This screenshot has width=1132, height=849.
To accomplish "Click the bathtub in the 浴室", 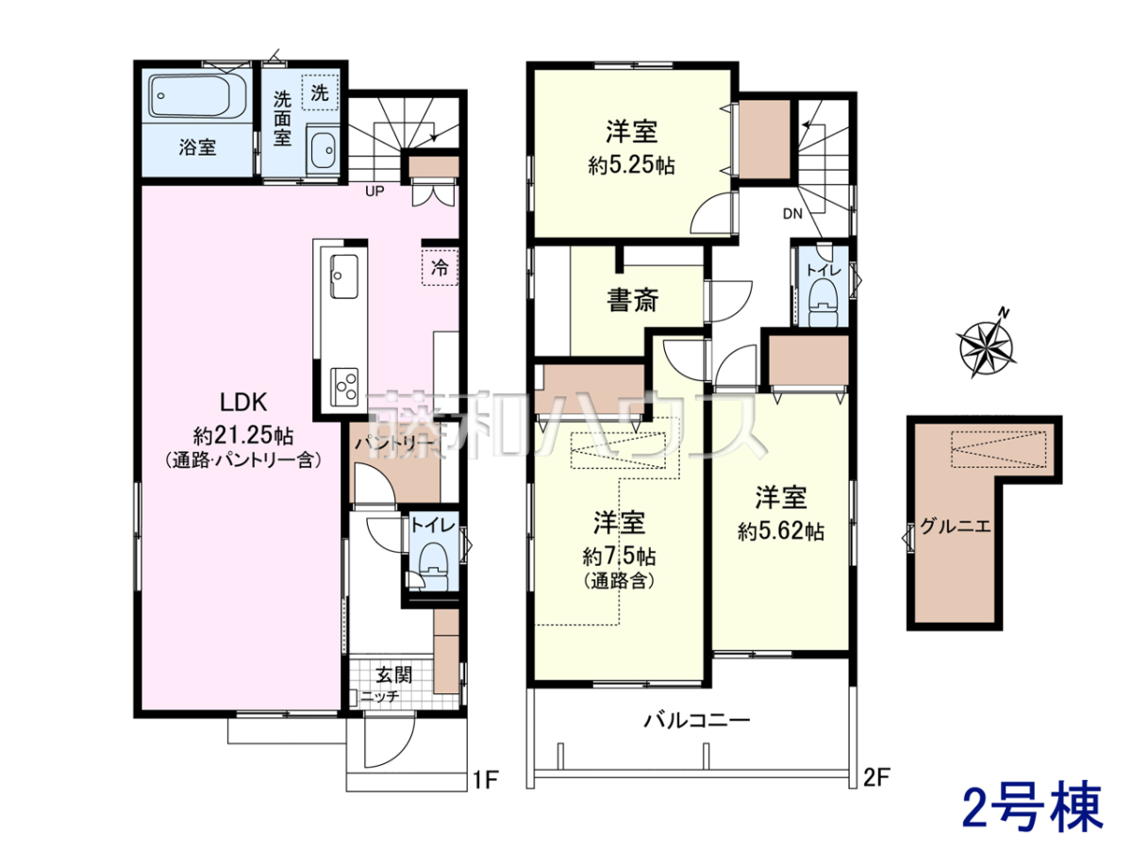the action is [197, 96].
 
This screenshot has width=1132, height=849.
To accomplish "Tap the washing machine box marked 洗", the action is [320, 92].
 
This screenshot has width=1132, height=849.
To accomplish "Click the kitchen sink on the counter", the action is [344, 275].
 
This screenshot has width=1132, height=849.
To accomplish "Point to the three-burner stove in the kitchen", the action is [344, 385].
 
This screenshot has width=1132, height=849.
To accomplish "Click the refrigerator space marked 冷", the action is [440, 267].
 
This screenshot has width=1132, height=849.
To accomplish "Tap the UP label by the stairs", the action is [375, 191].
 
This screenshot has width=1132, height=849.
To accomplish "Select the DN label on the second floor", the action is [792, 213].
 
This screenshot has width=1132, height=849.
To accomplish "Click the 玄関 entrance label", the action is [394, 674].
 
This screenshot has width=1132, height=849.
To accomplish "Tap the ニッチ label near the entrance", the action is [380, 697].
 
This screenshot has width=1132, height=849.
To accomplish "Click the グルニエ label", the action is [956, 526].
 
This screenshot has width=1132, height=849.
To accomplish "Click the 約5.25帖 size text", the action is [631, 166].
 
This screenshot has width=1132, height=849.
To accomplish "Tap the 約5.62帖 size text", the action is [781, 531].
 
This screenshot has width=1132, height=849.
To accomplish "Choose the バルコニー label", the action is [697, 721].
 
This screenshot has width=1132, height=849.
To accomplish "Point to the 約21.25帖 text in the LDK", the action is [243, 437].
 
